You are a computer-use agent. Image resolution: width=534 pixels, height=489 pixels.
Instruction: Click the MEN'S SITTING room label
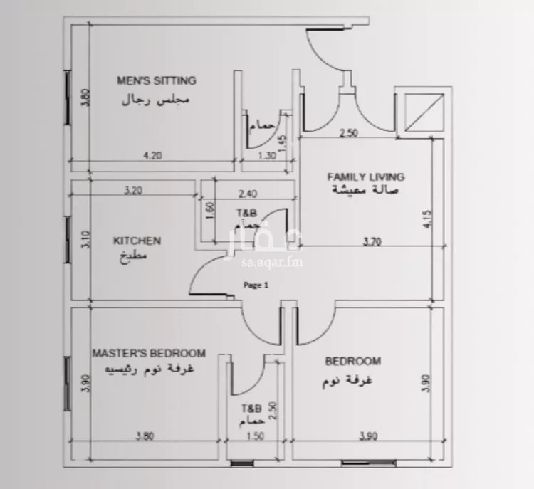point(157,80)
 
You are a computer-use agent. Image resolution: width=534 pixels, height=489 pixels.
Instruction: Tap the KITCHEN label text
point(137,241)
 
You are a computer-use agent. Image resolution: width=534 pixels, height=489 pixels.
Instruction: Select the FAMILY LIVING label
point(366,177)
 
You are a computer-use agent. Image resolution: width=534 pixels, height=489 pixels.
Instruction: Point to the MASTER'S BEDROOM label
point(149,353)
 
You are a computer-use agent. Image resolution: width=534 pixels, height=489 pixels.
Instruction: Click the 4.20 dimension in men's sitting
point(152,156)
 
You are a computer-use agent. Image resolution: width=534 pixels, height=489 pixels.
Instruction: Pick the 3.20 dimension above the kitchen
point(133,190)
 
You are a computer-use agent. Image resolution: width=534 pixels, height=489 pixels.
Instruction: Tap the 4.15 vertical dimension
point(428,219)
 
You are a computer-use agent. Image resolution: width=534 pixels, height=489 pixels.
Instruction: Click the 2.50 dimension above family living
point(349,133)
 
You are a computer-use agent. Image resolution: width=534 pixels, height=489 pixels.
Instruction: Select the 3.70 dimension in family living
point(372,241)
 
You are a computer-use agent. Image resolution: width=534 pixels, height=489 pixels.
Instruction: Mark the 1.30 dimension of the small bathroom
point(267,156)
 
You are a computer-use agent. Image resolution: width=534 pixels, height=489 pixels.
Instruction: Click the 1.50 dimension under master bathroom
point(255,436)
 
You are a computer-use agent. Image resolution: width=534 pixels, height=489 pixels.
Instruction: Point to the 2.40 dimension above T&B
point(248,194)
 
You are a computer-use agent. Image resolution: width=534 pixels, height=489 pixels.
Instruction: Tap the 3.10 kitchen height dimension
point(86,239)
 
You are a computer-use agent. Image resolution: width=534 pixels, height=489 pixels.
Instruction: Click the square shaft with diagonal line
point(424,112)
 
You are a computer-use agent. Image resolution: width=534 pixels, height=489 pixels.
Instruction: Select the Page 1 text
point(256,285)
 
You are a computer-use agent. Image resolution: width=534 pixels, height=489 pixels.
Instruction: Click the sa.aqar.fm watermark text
point(272,263)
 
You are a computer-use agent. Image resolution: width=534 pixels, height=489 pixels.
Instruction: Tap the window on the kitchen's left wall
point(68,240)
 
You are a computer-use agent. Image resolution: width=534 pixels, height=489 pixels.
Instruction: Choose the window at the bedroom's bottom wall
point(369,463)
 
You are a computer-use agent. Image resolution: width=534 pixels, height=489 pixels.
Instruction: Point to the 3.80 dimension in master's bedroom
point(145,436)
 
